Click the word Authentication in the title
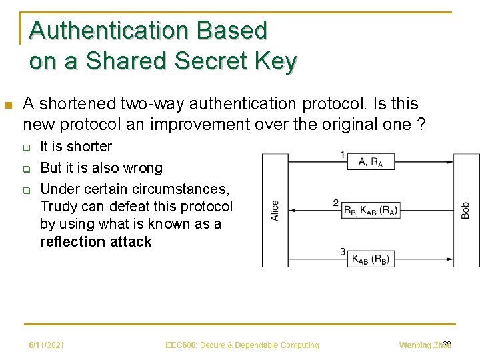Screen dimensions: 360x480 point(111,31)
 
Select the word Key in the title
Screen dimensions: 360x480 point(275,61)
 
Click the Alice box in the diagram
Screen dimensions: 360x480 point(275,210)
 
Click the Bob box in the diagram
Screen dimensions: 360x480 point(466,210)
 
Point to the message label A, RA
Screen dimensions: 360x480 point(371,161)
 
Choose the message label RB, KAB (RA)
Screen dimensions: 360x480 point(371,210)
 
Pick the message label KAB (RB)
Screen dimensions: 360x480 point(371,259)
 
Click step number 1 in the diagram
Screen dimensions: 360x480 point(342,155)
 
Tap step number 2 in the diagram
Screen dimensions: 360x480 point(336,203)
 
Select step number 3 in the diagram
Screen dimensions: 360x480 point(342,251)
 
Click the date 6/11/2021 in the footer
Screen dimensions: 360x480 point(46,345)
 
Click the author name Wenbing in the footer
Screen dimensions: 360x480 point(415,345)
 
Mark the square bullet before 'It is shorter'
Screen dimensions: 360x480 point(27,147)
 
